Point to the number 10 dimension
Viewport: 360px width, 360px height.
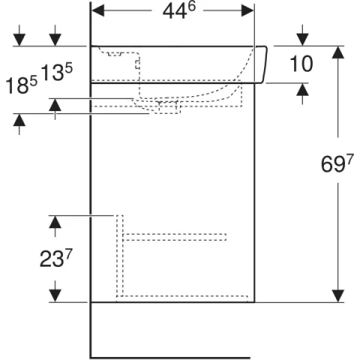click(x=301, y=64)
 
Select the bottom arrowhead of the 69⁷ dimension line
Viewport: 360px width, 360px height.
click(x=340, y=295)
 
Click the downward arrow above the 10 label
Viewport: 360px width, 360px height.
click(x=302, y=38)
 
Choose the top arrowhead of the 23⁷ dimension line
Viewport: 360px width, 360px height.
click(x=55, y=222)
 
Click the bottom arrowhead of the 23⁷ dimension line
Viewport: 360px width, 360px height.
click(x=55, y=295)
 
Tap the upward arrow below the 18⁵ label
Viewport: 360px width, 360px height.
click(x=19, y=121)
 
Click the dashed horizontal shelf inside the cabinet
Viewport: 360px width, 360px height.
click(x=174, y=238)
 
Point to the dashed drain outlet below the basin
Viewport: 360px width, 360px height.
click(x=166, y=107)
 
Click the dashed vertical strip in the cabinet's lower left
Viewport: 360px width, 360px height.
click(x=118, y=255)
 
